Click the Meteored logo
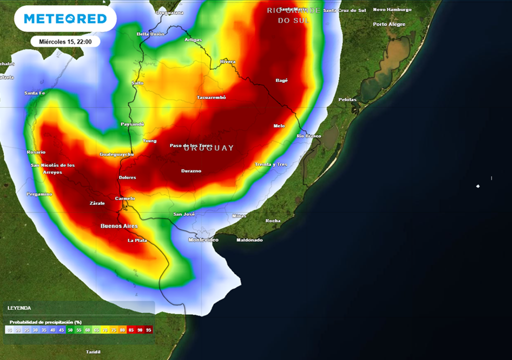pos(65,19)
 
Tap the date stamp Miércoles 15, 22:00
pos(65,41)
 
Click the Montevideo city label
pos(203,240)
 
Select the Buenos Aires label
pos(119,226)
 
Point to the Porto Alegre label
pos(389,24)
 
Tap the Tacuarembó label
pos(211,97)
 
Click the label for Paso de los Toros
pos(191,145)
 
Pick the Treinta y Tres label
pos(271,164)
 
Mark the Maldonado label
pos(249,240)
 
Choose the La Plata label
pos(137,240)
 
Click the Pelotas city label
pos(347,99)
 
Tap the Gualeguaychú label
pos(117,154)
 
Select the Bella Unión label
pos(150,34)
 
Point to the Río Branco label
pos(309,136)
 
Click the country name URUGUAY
pos(208,148)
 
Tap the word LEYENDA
pos(19,308)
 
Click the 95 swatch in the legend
pos(148,330)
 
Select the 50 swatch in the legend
pos(69,330)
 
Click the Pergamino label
pos(39,194)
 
